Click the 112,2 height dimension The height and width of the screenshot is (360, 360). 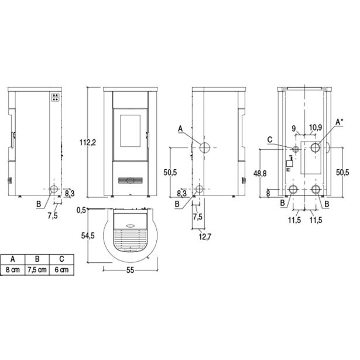click(x=88, y=143)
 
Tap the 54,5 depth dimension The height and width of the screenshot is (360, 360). click(x=88, y=235)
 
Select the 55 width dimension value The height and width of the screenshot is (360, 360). click(x=130, y=270)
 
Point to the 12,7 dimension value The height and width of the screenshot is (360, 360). click(x=205, y=236)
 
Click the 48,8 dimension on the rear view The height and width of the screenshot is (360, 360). click(x=260, y=174)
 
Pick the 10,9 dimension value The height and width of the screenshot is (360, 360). click(x=316, y=127)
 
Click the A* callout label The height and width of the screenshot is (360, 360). click(x=339, y=122)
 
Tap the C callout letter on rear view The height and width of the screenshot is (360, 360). click(x=270, y=139)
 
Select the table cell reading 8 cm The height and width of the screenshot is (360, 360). click(x=13, y=269)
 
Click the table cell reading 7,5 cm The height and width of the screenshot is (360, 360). click(x=37, y=269)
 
